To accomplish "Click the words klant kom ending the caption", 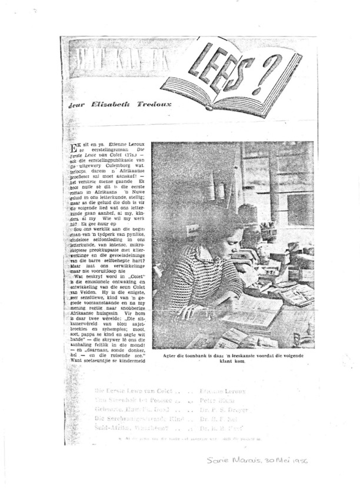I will click(x=232, y=362).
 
